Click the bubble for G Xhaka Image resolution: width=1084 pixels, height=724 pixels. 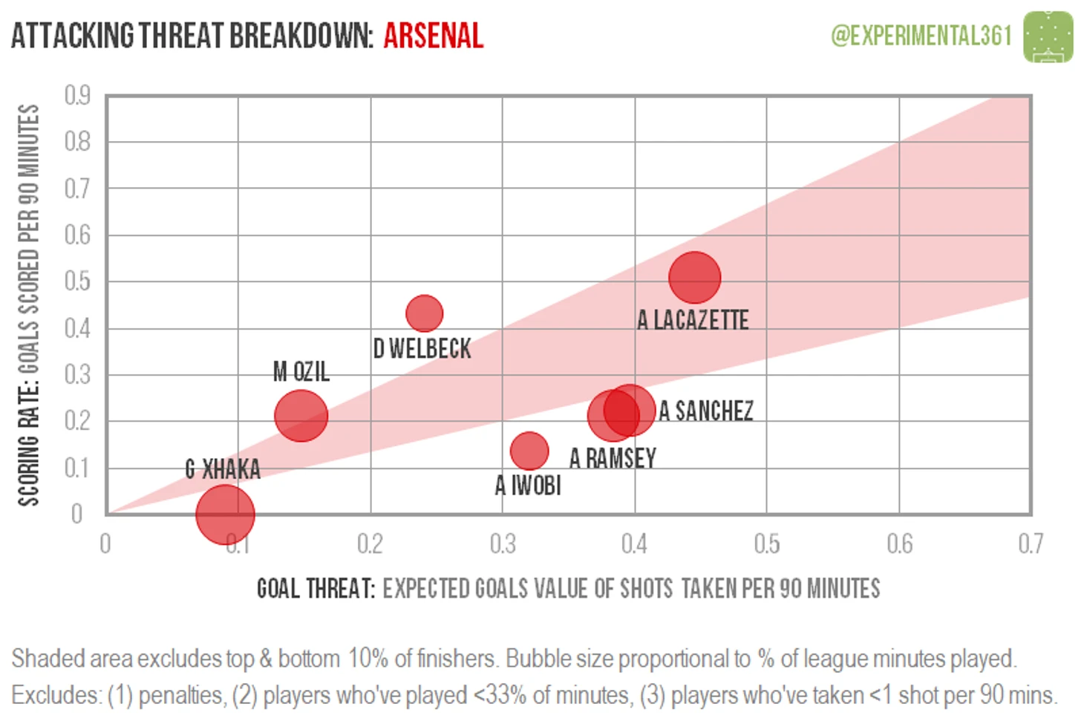[x=225, y=515]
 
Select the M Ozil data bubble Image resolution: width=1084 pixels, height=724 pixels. [x=301, y=415]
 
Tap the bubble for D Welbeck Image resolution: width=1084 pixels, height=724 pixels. [x=425, y=313]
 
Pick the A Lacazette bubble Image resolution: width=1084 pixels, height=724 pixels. [x=695, y=278]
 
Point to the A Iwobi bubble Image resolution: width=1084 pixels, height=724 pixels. [x=529, y=451]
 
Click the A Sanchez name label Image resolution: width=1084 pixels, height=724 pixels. [x=706, y=411]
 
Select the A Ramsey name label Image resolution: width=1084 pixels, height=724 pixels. [x=613, y=458]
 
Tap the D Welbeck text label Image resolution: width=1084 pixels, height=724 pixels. [x=422, y=348]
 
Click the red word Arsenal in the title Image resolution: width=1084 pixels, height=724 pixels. [x=434, y=36]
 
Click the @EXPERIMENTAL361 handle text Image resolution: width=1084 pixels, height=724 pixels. [x=921, y=36]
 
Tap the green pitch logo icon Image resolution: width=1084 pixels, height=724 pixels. [x=1048, y=37]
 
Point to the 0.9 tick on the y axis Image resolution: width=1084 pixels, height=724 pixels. [x=77, y=95]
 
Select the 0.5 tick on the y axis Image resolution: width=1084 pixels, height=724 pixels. [x=77, y=281]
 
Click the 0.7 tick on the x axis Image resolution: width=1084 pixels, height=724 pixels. [x=1031, y=544]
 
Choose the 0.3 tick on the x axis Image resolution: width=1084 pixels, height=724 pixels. [x=503, y=544]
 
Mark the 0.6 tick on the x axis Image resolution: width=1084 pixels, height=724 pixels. [x=900, y=544]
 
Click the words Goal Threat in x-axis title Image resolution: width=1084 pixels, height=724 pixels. [x=316, y=589]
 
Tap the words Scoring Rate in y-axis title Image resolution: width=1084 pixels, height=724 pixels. [x=28, y=446]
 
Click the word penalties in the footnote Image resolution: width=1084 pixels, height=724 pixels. [x=180, y=696]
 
